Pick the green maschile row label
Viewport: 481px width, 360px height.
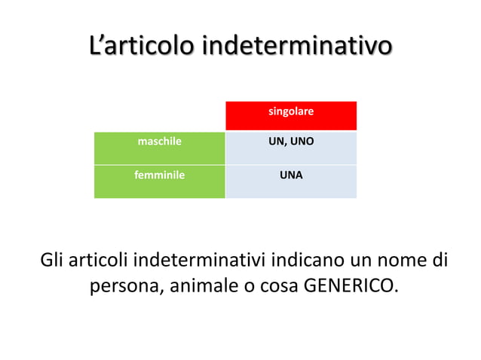pos(159,141)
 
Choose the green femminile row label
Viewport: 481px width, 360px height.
pos(159,175)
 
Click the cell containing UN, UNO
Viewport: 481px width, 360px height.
pos(291,141)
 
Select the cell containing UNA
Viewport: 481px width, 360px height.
pos(291,175)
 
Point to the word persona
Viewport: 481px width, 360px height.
pos(124,288)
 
